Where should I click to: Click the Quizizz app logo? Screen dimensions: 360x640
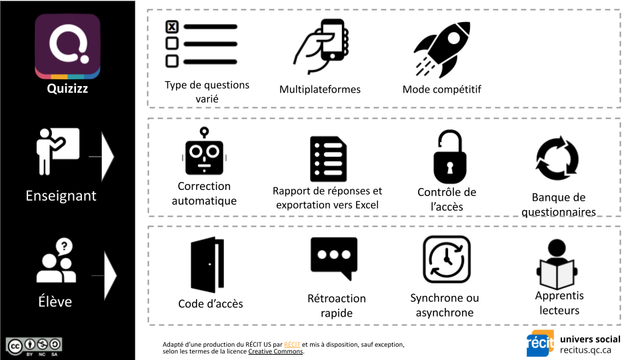[x=67, y=47]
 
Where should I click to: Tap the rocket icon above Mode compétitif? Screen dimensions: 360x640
[x=443, y=49]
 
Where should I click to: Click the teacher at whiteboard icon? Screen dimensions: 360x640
[x=57, y=151]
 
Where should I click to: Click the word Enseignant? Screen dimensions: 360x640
[x=61, y=196]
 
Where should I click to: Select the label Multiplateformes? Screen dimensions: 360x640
[x=320, y=89]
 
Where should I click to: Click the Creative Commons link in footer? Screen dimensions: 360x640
[x=276, y=351]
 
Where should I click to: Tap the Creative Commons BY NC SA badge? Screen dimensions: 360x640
[x=34, y=345]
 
